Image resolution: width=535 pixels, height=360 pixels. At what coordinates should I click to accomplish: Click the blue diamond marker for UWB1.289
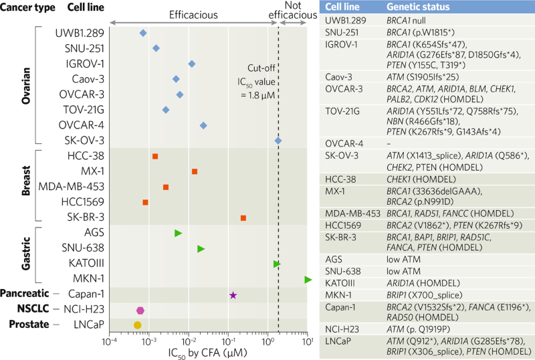pos(142,33)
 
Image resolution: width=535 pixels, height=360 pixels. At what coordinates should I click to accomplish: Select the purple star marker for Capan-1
pos(233,294)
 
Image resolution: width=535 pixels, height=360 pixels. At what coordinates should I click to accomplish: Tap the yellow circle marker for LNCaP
pos(137,325)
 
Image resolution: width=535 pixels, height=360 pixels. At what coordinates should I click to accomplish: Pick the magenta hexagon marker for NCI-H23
pos(140,310)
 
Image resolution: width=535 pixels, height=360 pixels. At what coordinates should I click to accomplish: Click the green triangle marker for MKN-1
pos(308,279)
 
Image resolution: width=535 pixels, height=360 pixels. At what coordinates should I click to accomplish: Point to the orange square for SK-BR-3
pos(243,218)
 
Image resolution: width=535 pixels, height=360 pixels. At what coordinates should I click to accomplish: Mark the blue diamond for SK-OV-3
pos(278,141)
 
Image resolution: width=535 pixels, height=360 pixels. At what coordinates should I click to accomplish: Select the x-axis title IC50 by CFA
pos(208,353)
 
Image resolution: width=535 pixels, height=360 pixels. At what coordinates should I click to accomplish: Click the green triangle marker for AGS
pos(178,233)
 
